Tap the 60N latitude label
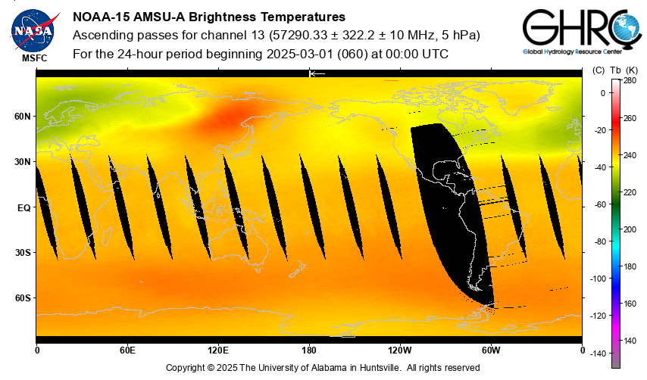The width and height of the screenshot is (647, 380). pos(23,117)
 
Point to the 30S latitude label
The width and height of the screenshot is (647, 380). pos(23,253)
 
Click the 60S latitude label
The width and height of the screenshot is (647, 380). pos(23,298)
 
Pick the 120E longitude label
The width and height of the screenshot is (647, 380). pos(218,350)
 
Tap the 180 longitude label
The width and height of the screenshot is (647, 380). pos(309,350)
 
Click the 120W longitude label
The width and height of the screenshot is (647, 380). pos(400,350)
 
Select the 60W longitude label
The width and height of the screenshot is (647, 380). pos(491,350)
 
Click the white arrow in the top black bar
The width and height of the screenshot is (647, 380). pos(317,73)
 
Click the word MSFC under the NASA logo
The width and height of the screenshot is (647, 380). pos(35,58)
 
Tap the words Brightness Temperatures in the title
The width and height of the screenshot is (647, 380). pos(270,17)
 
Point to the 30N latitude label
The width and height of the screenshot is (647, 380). pos(23,162)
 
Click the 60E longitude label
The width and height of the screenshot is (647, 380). pos(127,350)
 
